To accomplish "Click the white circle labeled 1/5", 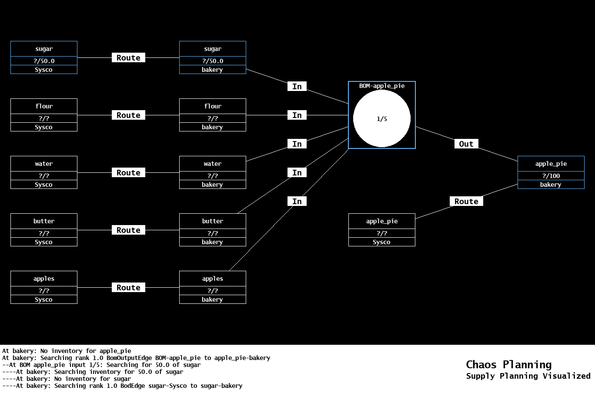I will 381,118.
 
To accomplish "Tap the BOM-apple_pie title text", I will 381,86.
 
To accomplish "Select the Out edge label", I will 466,144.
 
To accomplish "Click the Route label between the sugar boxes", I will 128,58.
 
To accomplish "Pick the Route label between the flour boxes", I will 128,115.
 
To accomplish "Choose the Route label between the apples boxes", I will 128,288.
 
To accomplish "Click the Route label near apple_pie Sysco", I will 466,202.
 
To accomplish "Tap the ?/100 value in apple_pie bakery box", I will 551,176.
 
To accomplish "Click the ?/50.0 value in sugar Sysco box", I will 44,61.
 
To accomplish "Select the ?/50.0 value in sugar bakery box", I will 212,61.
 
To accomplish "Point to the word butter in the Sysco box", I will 44,221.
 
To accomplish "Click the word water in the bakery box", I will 212,164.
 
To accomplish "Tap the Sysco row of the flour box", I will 44,127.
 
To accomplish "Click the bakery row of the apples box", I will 212,299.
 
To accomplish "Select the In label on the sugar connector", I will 297,87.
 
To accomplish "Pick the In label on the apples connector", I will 297,202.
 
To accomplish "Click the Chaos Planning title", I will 508,365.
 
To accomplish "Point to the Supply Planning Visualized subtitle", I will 528,376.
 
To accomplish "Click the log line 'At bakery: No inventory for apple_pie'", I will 67,351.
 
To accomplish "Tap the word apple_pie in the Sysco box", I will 381,221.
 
